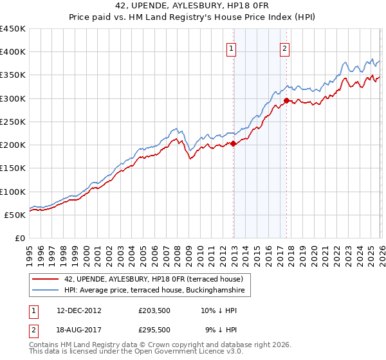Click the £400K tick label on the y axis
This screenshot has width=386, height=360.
click(x=13, y=52)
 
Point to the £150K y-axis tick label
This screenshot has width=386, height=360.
click(x=13, y=168)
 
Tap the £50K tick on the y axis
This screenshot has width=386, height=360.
click(x=15, y=215)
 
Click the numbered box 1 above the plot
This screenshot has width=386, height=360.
click(x=231, y=47)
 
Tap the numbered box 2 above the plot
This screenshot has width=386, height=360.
click(x=284, y=47)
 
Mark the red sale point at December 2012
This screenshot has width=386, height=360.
click(x=233, y=144)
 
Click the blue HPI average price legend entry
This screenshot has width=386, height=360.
click(x=154, y=291)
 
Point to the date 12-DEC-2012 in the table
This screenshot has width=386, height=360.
click(x=78, y=310)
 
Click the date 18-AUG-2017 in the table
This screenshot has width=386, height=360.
click(x=78, y=330)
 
